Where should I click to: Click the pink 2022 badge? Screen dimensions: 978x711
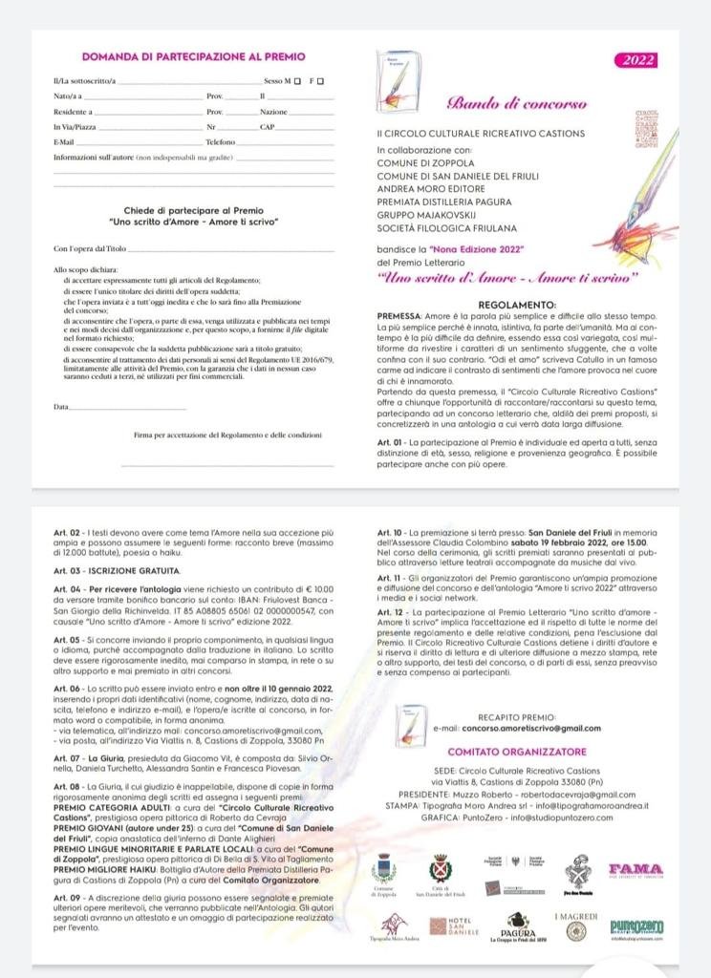(634, 61)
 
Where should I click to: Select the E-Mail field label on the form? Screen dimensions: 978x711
(64, 141)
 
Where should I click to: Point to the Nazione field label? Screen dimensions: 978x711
(273, 112)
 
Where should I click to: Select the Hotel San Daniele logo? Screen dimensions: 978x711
(459, 925)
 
